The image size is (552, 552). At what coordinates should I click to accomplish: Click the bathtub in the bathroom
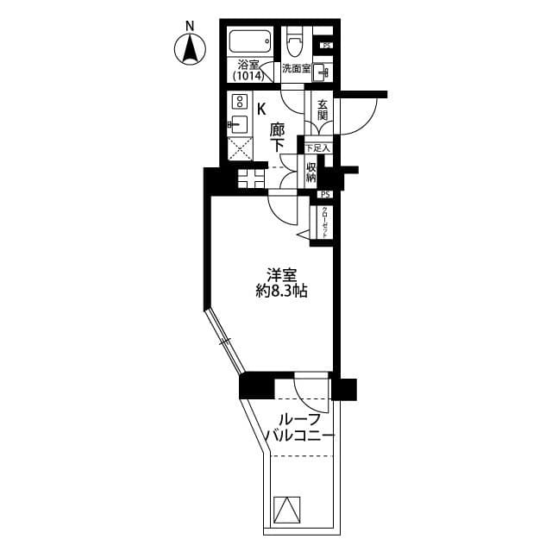pyautogui.click(x=250, y=41)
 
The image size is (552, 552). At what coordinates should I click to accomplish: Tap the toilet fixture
pyautogui.click(x=296, y=40)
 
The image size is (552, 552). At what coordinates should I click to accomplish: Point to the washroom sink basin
pyautogui.click(x=321, y=72)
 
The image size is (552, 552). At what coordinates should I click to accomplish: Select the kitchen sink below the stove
pyautogui.click(x=239, y=122)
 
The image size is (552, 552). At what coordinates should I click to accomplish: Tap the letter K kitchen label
pyautogui.click(x=261, y=108)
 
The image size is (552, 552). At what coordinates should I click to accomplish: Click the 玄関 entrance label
pyautogui.click(x=323, y=108)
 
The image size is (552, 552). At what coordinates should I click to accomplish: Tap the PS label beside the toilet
pyautogui.click(x=326, y=46)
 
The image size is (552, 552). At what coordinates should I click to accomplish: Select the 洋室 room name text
pyautogui.click(x=281, y=276)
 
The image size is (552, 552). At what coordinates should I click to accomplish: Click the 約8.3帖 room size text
pyautogui.click(x=281, y=292)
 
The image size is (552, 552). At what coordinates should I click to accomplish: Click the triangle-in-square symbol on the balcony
pyautogui.click(x=285, y=510)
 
